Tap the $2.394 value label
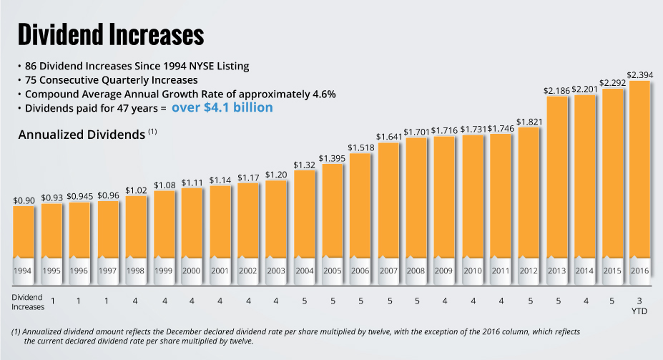coord(639,74)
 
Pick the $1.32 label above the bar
coord(305,164)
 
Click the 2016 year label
coord(639,271)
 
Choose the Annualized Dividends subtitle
coord(82,135)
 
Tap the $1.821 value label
coord(528,121)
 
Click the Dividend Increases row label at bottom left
coord(29,301)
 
